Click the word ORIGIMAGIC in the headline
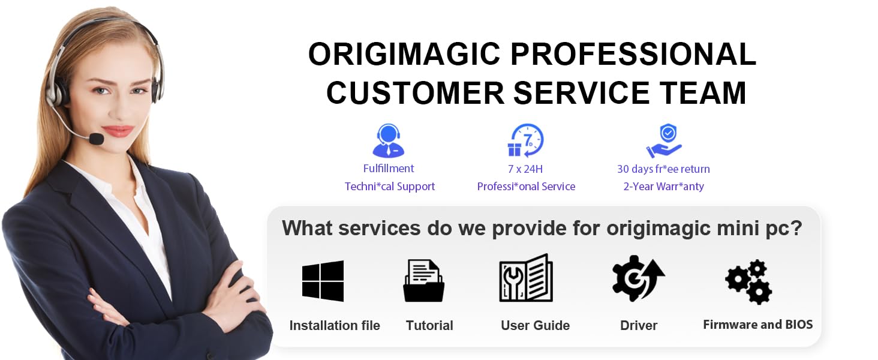[x=404, y=55]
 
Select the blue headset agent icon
[x=389, y=141]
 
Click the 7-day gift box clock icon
[x=525, y=141]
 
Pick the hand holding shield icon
[x=663, y=142]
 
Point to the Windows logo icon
[x=323, y=281]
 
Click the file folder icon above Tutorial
[x=423, y=280]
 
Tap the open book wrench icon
[x=526, y=278]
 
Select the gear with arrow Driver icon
[x=638, y=278]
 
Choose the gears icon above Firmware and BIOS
[x=748, y=281]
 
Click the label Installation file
[x=335, y=326]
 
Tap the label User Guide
[x=535, y=326]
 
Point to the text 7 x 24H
[x=525, y=169]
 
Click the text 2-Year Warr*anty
[x=663, y=187]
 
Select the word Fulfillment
[x=389, y=169]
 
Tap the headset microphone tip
[x=96, y=139]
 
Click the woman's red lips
[x=118, y=131]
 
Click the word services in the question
[x=381, y=229]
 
